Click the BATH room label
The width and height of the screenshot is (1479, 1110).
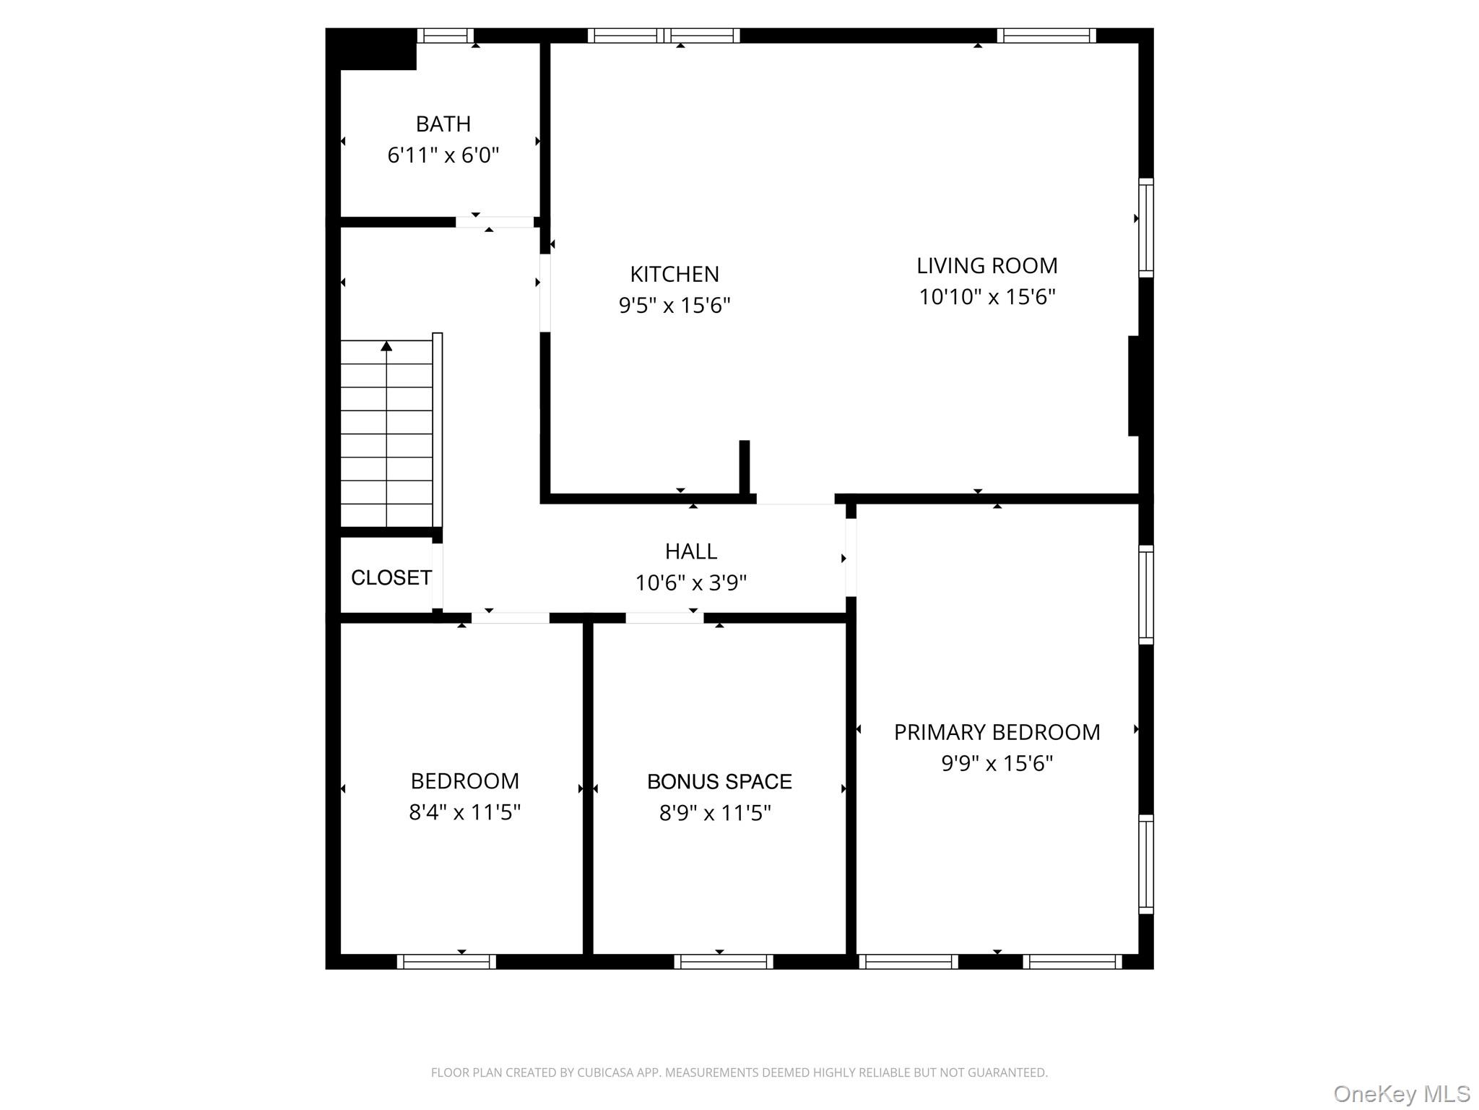(443, 124)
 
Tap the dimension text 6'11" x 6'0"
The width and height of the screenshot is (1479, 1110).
(443, 155)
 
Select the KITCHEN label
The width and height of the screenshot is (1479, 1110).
(675, 275)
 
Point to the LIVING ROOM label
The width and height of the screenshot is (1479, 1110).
(987, 266)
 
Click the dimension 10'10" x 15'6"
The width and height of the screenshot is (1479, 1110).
(987, 297)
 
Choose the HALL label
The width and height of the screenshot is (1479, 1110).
(691, 551)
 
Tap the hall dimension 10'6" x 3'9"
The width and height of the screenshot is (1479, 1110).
(691, 582)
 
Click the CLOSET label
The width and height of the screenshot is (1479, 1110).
(391, 577)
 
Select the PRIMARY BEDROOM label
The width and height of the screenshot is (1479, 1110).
(997, 732)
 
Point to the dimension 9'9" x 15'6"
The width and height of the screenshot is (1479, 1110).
(997, 763)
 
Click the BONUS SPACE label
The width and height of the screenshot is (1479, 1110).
(719, 781)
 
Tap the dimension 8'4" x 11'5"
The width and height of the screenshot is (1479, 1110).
(465, 812)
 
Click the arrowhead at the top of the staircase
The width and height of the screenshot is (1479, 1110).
(386, 346)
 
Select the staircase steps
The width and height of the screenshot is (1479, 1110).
(386, 433)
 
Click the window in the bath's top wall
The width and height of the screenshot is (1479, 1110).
(446, 35)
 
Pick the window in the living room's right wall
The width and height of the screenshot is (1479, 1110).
(1146, 228)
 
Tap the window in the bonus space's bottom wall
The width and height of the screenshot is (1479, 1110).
(724, 962)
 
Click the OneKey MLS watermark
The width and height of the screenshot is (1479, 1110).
(1401, 1094)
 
